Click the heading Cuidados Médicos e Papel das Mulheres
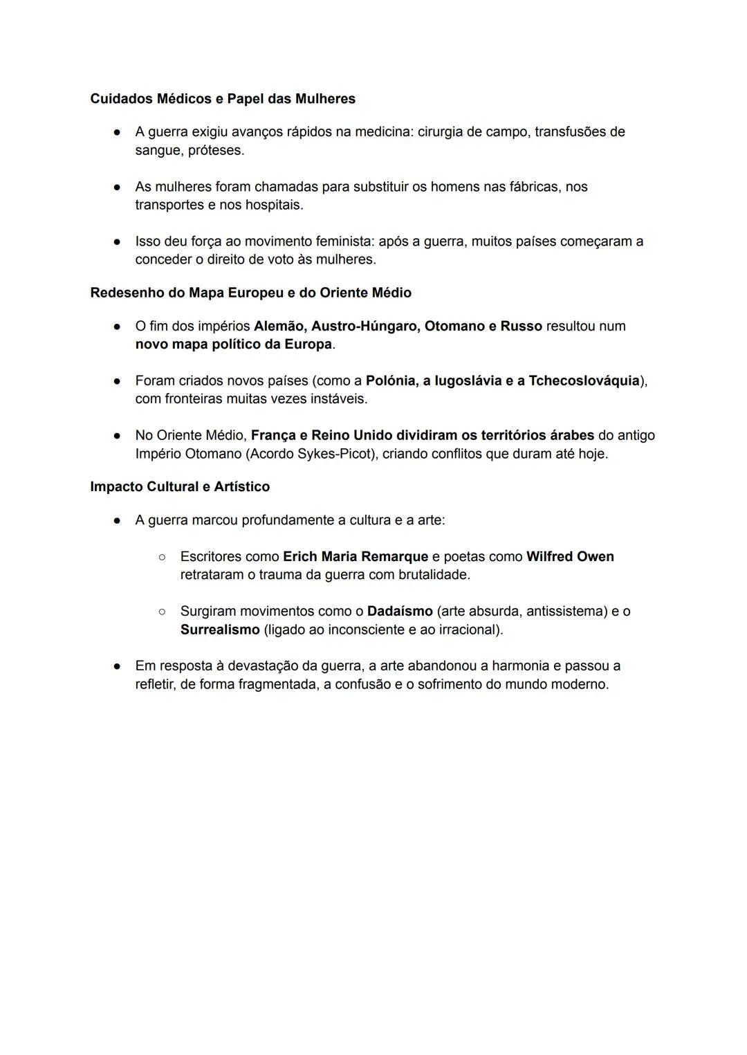(223, 99)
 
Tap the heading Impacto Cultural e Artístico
(180, 486)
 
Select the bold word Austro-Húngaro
(365, 326)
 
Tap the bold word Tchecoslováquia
(584, 380)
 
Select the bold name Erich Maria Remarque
(356, 556)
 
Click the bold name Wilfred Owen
(570, 556)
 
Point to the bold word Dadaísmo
(400, 611)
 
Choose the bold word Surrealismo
(220, 630)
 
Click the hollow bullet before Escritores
(162, 556)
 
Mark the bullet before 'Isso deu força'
(118, 241)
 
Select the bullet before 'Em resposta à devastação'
(118, 666)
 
